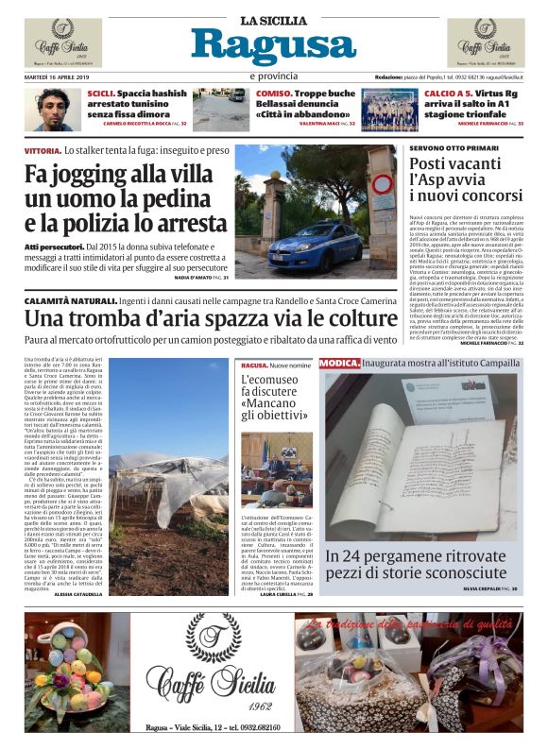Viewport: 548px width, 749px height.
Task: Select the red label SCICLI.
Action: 100,94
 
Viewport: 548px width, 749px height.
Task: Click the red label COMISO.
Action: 273,94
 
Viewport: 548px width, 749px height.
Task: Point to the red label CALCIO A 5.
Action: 449,94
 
